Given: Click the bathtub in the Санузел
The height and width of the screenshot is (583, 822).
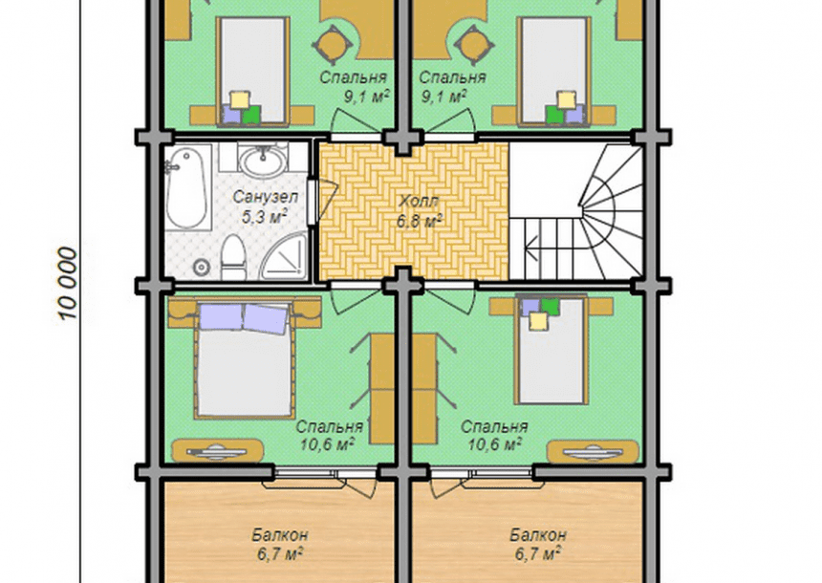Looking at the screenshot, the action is coord(186,187).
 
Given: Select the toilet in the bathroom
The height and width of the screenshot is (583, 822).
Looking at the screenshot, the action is coord(233,256).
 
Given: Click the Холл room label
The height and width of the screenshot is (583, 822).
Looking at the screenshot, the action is coord(418,201).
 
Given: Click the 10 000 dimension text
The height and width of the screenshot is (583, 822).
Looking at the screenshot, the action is coord(68,284).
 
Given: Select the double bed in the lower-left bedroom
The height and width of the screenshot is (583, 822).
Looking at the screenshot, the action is coord(243,359).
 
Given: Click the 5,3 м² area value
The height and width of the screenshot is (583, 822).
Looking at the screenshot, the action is coord(264,216).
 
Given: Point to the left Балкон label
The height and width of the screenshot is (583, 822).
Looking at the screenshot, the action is coord(279,535).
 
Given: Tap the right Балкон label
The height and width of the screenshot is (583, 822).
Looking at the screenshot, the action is coord(538,535).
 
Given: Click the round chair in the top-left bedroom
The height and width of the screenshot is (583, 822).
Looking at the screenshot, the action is coord(332,45).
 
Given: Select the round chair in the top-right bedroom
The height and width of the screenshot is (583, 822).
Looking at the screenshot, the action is coord(474,45).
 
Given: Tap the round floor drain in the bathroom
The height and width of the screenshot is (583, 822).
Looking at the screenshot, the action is coord(201,268).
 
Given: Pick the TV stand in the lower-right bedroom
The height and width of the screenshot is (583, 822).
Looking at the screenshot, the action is coord(593,451).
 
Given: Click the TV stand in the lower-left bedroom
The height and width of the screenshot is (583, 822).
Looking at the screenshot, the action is coord(218,451).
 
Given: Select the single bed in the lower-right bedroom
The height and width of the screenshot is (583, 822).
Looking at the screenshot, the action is coord(551,349).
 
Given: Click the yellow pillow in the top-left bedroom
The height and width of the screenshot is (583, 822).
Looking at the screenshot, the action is coord(240,99).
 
